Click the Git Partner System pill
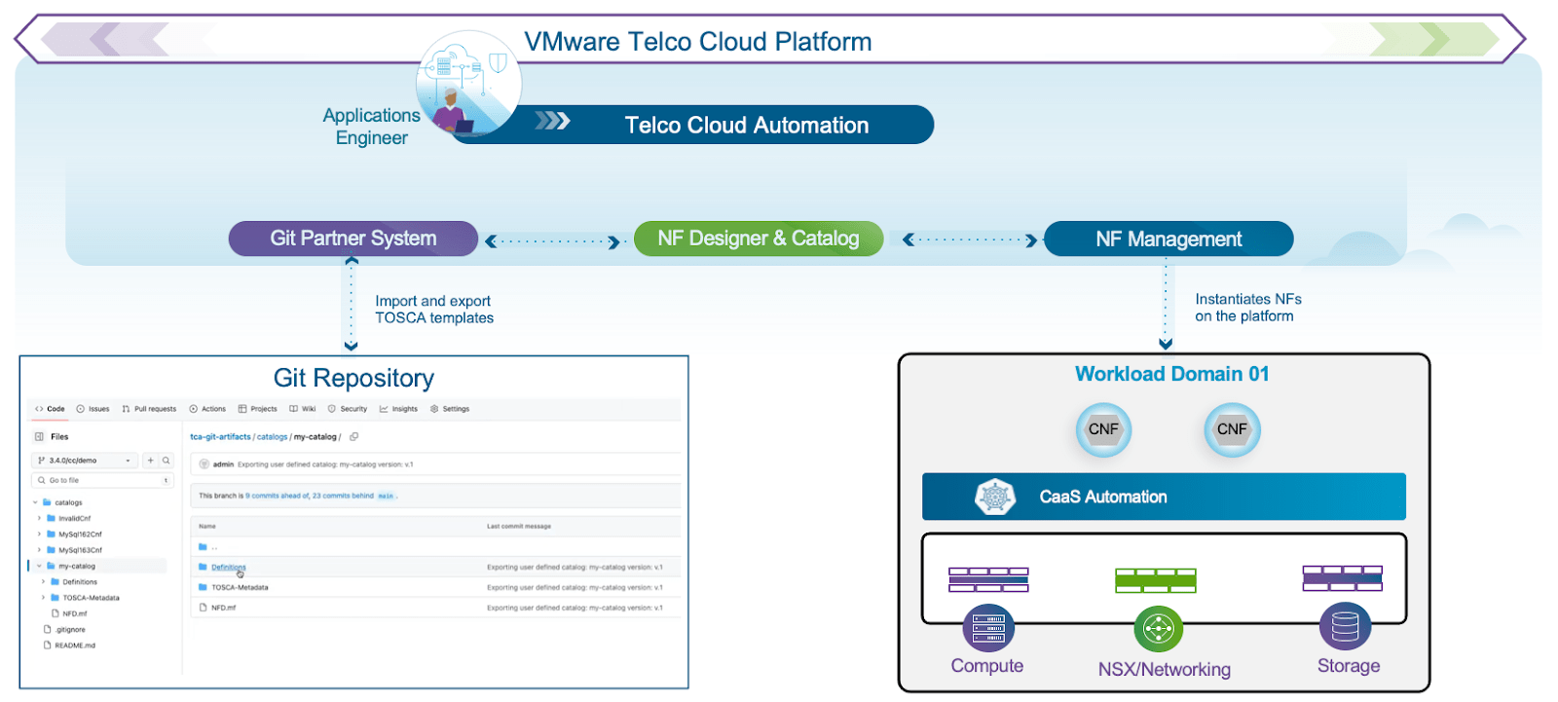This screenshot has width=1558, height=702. [x=352, y=239]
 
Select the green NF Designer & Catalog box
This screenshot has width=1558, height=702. [x=758, y=239]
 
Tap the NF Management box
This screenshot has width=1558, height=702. [x=1168, y=239]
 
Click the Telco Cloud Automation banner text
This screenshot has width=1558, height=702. [x=746, y=126]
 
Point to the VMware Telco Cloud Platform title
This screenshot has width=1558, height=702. [x=697, y=42]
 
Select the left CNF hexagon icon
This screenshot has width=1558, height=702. [x=1103, y=429]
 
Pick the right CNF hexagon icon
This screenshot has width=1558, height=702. [x=1232, y=429]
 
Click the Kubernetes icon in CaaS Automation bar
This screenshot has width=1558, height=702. [x=994, y=498]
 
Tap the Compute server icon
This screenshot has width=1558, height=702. [x=987, y=629]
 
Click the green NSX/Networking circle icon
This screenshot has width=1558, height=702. [x=1158, y=629]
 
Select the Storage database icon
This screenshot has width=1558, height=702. [x=1345, y=627]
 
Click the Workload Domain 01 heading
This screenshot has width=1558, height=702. [x=1171, y=374]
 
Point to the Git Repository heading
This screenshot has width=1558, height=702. [x=353, y=378]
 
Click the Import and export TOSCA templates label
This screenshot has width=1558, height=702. [x=434, y=310]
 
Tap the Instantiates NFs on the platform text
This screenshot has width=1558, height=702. [x=1247, y=308]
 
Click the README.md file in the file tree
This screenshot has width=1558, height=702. [x=74, y=646]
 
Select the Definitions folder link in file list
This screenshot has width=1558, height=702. [x=228, y=567]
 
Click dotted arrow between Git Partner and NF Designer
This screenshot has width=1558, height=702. [x=553, y=241]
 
